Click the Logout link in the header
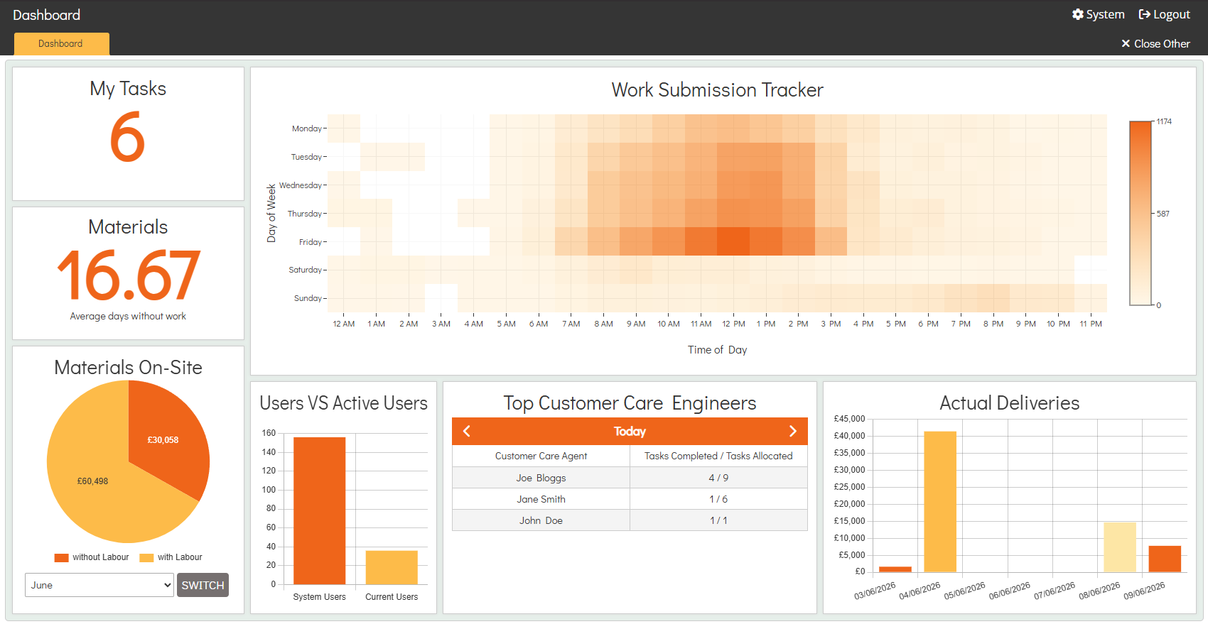click(1164, 14)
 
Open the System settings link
click(1098, 14)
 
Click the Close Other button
click(1155, 43)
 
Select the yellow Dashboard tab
click(62, 43)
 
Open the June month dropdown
click(99, 585)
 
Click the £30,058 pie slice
click(167, 437)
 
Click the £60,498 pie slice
click(97, 485)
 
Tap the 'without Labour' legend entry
click(92, 557)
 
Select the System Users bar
click(319, 510)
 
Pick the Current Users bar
click(392, 567)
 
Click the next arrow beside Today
click(793, 431)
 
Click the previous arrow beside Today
click(467, 431)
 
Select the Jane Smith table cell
click(541, 499)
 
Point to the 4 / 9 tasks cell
click(718, 478)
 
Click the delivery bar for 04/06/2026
click(940, 501)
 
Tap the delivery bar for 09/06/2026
click(1165, 559)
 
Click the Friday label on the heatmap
click(311, 242)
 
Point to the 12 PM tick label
click(733, 324)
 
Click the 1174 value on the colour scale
click(1164, 121)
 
